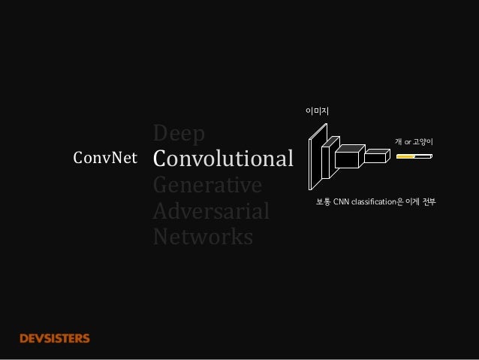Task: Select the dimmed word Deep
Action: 179,135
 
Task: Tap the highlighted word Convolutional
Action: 222,159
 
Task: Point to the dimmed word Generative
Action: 206,185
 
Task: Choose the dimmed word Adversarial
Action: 210,212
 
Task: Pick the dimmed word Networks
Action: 203,237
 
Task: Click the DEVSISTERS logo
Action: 54,338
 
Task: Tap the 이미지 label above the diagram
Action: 317,111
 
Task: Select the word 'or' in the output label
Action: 408,142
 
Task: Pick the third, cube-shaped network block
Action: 347,159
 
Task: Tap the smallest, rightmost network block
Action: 375,157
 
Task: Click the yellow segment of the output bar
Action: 406,157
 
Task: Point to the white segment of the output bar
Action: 424,157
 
